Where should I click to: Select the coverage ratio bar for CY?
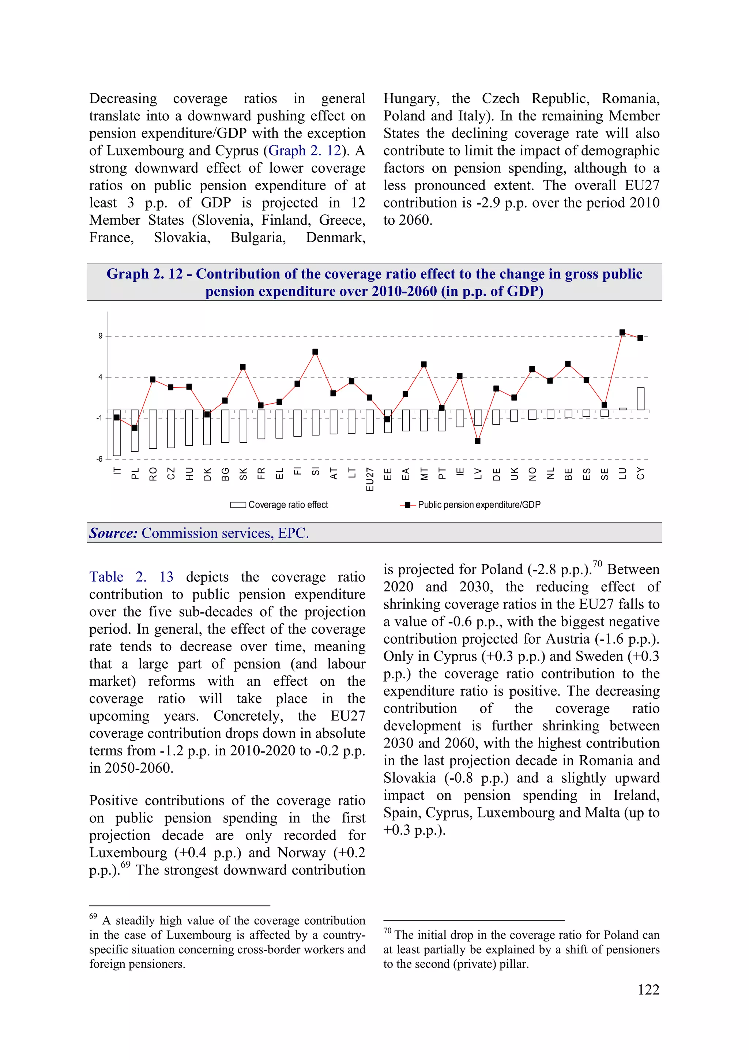pos(640,398)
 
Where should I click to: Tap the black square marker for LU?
pos(622,332)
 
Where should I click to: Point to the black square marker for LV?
pos(478,441)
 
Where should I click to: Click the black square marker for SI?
pos(315,352)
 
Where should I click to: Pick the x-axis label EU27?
pos(370,479)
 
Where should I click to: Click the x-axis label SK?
pos(243,474)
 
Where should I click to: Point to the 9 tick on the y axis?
pos(100,336)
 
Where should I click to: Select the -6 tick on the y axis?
pos(99,459)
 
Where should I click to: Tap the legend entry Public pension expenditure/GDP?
pos(471,505)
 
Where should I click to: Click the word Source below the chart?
pos(113,533)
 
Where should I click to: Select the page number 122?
pos(648,989)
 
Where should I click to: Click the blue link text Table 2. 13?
pos(131,577)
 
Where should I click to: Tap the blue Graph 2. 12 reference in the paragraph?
pos(305,150)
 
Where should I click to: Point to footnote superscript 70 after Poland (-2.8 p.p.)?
pos(597,564)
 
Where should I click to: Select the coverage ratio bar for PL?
pos(135,430)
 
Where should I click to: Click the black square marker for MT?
pos(424,364)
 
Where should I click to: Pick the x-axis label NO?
pos(532,474)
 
